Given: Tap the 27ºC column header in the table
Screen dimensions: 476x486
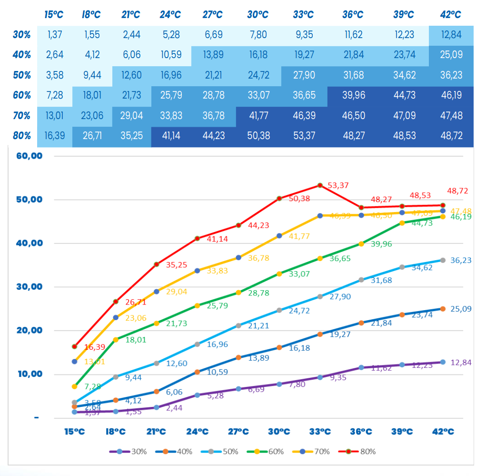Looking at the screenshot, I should tap(213, 15).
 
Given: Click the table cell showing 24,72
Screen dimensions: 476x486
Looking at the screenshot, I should tap(258, 75).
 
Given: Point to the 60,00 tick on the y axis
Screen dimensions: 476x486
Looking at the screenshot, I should tap(30, 156).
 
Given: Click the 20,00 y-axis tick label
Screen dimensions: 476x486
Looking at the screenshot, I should tap(30, 330).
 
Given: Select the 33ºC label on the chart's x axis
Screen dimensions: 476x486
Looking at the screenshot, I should tap(320, 432).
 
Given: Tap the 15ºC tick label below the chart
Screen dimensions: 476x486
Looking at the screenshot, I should tap(74, 432).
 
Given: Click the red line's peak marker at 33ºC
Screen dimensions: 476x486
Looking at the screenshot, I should tap(320, 185).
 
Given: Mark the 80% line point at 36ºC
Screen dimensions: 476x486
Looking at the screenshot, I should tap(361, 208).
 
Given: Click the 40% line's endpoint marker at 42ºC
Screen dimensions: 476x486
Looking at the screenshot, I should tap(443, 309).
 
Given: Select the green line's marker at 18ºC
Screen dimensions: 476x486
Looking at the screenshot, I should tap(115, 340).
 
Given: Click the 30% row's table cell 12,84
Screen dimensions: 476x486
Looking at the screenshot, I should tap(451, 34).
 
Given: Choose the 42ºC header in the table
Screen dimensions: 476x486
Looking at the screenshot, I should tap(451, 15).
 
